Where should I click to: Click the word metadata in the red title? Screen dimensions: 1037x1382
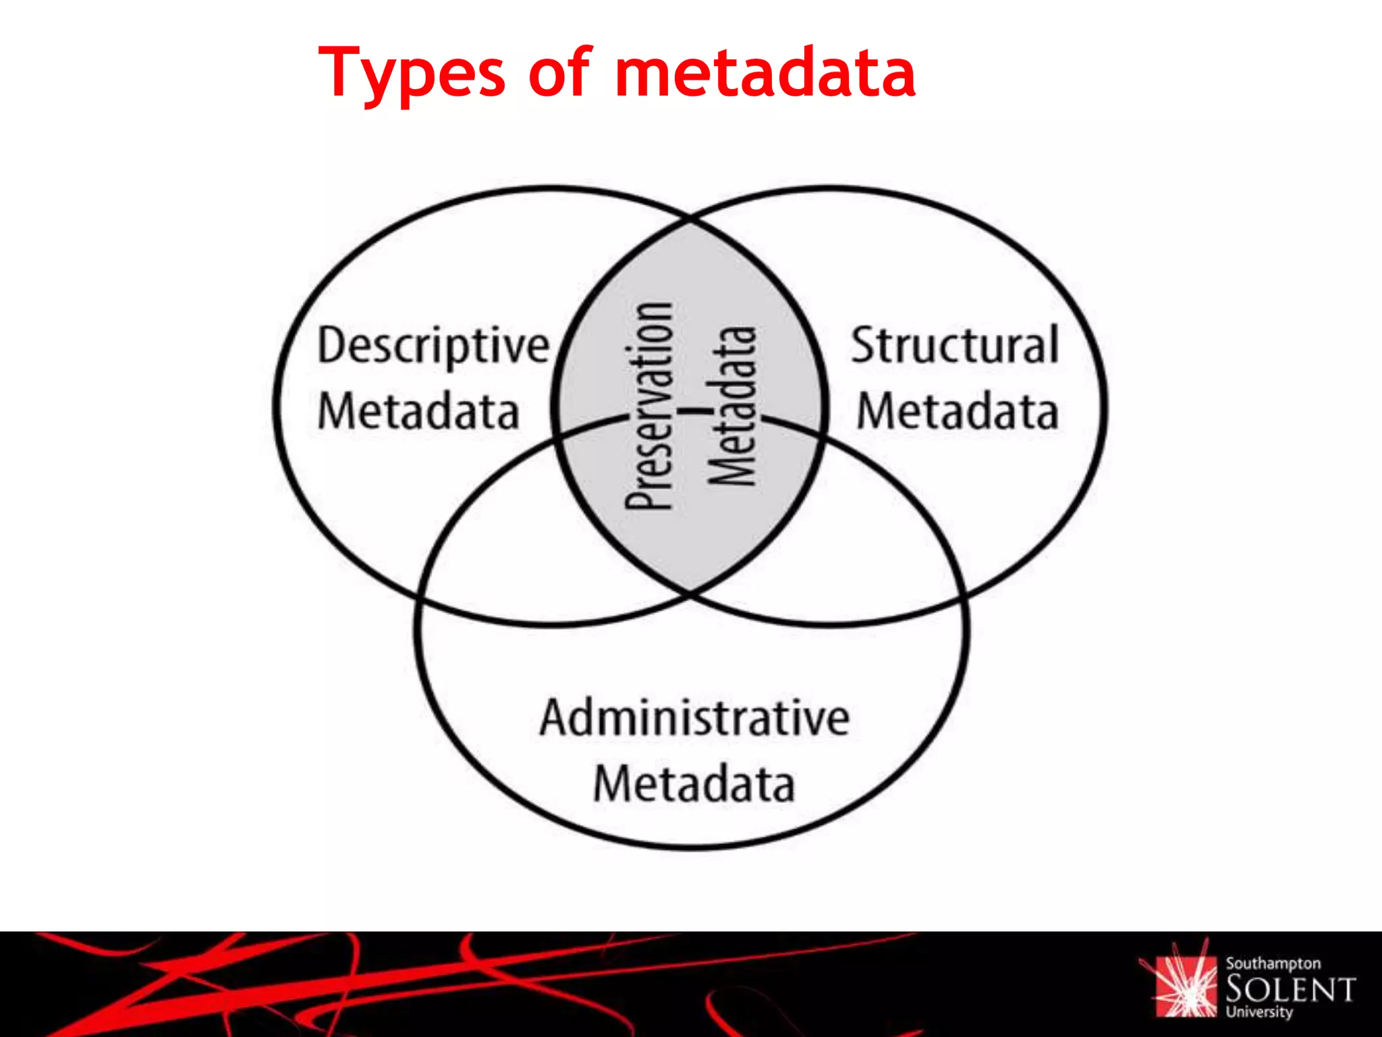[x=766, y=73]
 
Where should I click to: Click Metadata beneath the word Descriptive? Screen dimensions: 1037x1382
[x=418, y=412]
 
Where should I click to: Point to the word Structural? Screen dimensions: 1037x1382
[x=955, y=346]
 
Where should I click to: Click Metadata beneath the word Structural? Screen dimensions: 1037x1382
[x=957, y=412]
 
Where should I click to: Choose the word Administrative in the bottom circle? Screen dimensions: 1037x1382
[x=694, y=718]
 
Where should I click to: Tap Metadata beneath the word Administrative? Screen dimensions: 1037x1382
[x=694, y=784]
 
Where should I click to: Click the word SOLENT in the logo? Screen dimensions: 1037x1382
[x=1290, y=990]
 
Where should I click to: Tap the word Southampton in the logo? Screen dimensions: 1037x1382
[x=1273, y=964]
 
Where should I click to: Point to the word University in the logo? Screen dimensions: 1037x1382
[x=1259, y=1012]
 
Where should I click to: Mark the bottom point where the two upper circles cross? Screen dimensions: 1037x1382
[x=690, y=594]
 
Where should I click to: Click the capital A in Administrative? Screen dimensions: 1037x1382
[x=555, y=718]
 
